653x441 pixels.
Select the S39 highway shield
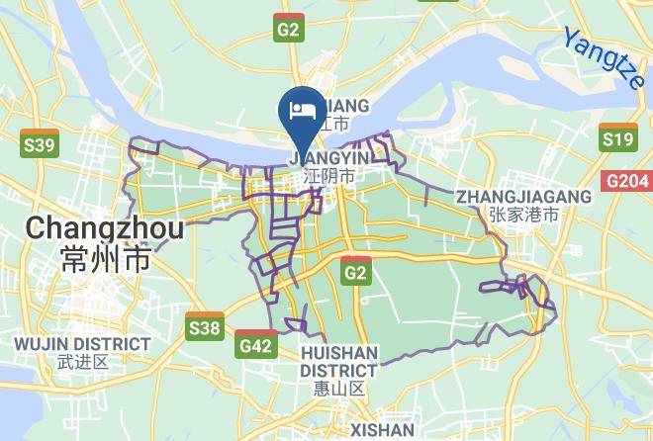[39, 146]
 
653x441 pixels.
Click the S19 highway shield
[618, 140]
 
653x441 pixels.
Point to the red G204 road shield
[627, 181]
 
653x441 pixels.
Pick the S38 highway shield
[205, 325]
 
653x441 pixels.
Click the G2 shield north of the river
[289, 31]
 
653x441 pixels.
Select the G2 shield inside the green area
[355, 270]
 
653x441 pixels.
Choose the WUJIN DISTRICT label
[82, 343]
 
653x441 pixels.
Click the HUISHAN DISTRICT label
[339, 361]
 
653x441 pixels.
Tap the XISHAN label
[382, 430]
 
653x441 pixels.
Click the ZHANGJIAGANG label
[523, 197]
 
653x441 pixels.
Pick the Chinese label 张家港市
[523, 214]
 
